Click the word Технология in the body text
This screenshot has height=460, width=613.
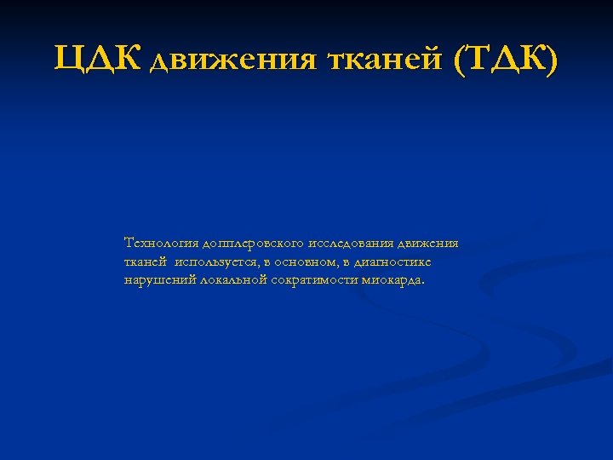[159, 244]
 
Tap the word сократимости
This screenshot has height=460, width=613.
[312, 279]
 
